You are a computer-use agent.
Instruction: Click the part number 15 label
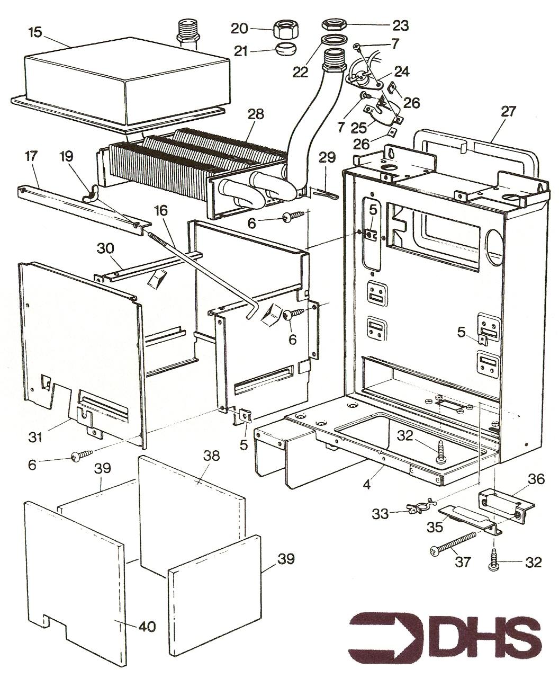point(35,32)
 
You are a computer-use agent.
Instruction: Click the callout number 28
point(256,114)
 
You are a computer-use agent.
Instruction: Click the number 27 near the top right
point(508,111)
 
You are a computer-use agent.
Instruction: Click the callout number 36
point(536,479)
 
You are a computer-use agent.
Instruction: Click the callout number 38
point(211,456)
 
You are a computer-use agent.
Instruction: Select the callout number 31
point(35,437)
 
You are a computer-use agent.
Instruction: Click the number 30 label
point(105,248)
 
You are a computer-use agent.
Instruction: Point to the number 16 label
point(161,210)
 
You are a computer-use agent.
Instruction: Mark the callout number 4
point(366,485)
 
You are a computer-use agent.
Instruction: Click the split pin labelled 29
point(325,193)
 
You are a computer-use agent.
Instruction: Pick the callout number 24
point(402,72)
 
